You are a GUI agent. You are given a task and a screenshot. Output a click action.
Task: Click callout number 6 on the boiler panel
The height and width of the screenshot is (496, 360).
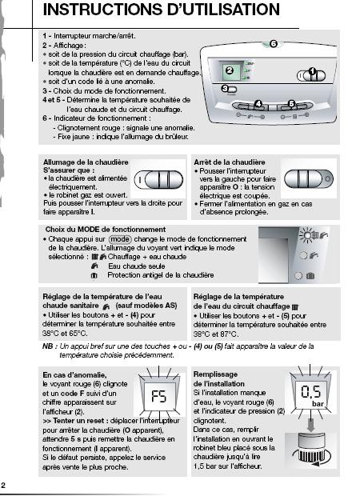pyautogui.click(x=274, y=44)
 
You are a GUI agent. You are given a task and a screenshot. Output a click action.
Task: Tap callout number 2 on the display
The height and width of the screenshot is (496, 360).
pyautogui.click(x=230, y=70)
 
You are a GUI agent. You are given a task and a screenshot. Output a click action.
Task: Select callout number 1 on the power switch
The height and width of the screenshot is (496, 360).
pyautogui.click(x=312, y=71)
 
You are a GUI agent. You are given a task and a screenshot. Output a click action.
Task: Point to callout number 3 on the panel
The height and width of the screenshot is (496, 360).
pyautogui.click(x=225, y=89)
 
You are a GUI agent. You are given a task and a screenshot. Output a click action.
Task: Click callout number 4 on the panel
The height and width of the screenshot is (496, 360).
pyautogui.click(x=258, y=104)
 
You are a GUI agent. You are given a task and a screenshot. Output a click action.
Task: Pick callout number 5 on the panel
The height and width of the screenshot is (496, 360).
pyautogui.click(x=291, y=104)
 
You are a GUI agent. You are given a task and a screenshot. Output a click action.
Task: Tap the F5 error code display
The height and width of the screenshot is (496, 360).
pyautogui.click(x=159, y=396)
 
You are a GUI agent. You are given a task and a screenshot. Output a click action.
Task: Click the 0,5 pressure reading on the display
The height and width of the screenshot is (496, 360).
pyautogui.click(x=311, y=392)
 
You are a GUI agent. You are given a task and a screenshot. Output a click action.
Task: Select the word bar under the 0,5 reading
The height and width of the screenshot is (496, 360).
pyautogui.click(x=318, y=404)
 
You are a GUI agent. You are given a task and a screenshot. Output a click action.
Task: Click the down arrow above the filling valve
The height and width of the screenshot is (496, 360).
pyautogui.click(x=311, y=425)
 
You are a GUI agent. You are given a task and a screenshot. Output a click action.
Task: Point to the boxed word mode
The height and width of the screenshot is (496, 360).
pyautogui.click(x=120, y=239)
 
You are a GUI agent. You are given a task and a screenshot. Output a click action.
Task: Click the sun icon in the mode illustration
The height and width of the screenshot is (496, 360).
pyautogui.click(x=306, y=234)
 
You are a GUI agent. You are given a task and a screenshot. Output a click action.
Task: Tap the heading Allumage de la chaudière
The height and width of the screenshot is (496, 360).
pyautogui.click(x=86, y=162)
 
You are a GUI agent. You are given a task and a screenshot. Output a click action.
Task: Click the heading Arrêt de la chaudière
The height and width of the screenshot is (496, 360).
pyautogui.click(x=230, y=162)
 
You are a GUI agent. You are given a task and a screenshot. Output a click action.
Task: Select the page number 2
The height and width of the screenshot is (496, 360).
pyautogui.click(x=3, y=486)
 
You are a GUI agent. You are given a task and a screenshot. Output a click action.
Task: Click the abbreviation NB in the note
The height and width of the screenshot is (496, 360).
pyautogui.click(x=48, y=346)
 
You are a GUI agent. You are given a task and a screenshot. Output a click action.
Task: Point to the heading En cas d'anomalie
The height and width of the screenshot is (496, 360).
pyautogui.click(x=74, y=375)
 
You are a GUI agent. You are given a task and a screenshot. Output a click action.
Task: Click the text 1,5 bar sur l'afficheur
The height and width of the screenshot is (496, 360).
pyautogui.click(x=227, y=466)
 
